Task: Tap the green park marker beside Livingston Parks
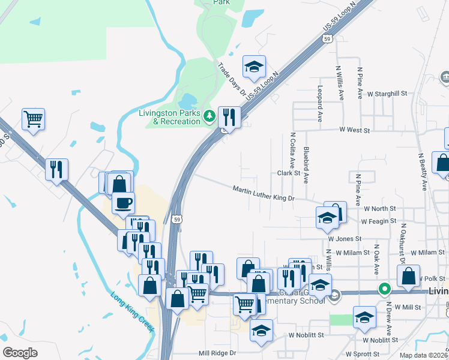[x=209, y=116]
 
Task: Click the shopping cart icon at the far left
[x=33, y=118]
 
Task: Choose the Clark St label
[x=288, y=173]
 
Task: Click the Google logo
[x=20, y=353]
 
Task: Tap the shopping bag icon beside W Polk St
[x=408, y=276]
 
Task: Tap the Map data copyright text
[x=423, y=355]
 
